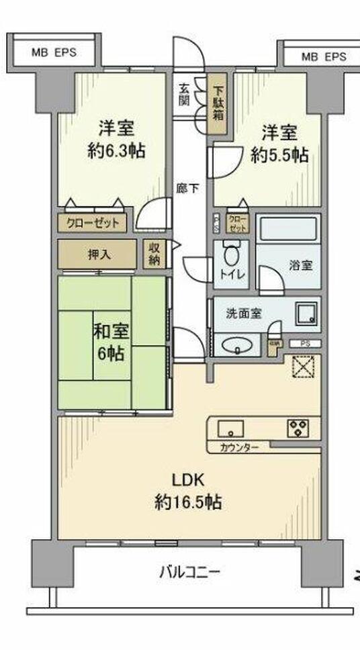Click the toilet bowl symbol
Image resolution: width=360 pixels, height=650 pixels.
pyautogui.click(x=232, y=257)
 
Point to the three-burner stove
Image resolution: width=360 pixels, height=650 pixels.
pyautogui.click(x=298, y=428)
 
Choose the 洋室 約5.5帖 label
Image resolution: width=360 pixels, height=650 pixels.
pyautogui.click(x=279, y=144)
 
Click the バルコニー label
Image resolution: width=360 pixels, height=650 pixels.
pyautogui.click(x=190, y=573)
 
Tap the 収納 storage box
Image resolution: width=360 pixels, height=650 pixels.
pyautogui.click(x=154, y=254)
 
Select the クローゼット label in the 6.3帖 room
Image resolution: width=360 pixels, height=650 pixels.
pyautogui.click(x=93, y=223)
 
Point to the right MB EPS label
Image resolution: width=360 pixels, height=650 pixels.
pyautogui.click(x=323, y=57)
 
